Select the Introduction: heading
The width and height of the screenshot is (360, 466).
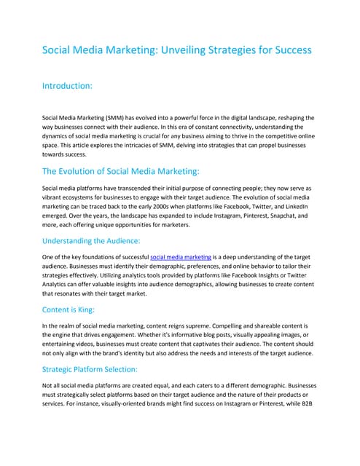[x=68, y=86]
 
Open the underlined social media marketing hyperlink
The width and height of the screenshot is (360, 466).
[x=180, y=257]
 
